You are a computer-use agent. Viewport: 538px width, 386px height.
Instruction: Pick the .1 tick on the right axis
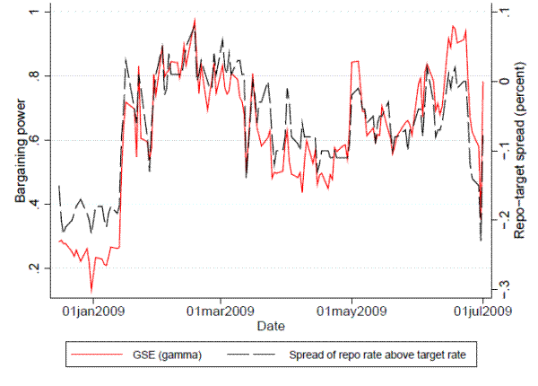tap(505, 12)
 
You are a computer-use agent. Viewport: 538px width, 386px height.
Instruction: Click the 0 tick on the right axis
tap(505, 80)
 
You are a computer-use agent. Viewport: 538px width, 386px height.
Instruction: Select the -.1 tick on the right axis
tap(505, 149)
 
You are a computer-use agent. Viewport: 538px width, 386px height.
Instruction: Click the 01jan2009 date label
tap(93, 311)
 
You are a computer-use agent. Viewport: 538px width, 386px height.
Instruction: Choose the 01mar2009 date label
tap(221, 311)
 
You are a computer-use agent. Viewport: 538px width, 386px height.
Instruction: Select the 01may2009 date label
tap(351, 311)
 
